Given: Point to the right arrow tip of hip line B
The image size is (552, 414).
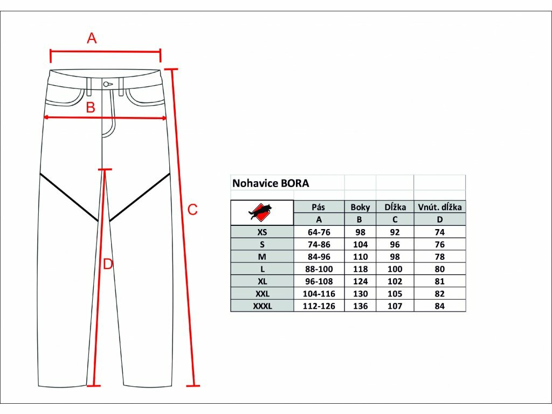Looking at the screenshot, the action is (166, 118).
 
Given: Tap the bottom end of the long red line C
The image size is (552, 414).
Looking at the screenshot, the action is (194, 386).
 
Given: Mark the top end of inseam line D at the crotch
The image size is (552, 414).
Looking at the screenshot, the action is (105, 170).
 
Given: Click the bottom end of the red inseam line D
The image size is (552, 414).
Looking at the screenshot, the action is (93, 386).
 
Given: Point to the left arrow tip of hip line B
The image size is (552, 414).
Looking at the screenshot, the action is (43, 118).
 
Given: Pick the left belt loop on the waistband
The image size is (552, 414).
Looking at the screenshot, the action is (89, 87).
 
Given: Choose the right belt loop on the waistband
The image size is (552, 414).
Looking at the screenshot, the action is (121, 87).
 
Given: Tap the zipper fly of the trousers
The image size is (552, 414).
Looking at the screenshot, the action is (108, 113).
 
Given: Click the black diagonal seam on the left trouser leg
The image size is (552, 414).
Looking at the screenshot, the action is (69, 197).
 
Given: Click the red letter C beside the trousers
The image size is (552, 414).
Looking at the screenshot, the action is (192, 210).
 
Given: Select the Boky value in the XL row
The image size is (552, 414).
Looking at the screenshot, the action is (360, 281).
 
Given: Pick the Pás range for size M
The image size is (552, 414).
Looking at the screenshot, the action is (319, 257).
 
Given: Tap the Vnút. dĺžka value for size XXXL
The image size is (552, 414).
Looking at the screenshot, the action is (440, 306).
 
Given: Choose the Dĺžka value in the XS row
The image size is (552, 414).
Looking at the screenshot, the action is (395, 232).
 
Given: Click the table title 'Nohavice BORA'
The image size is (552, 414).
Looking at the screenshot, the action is (271, 183).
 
